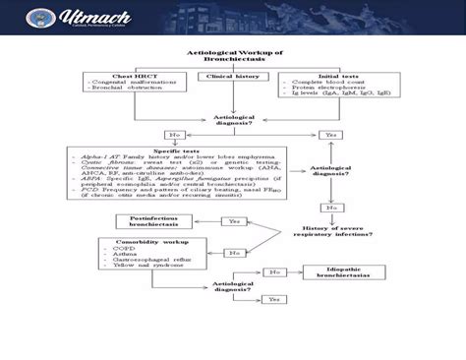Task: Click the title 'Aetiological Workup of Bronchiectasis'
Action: coord(233,56)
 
